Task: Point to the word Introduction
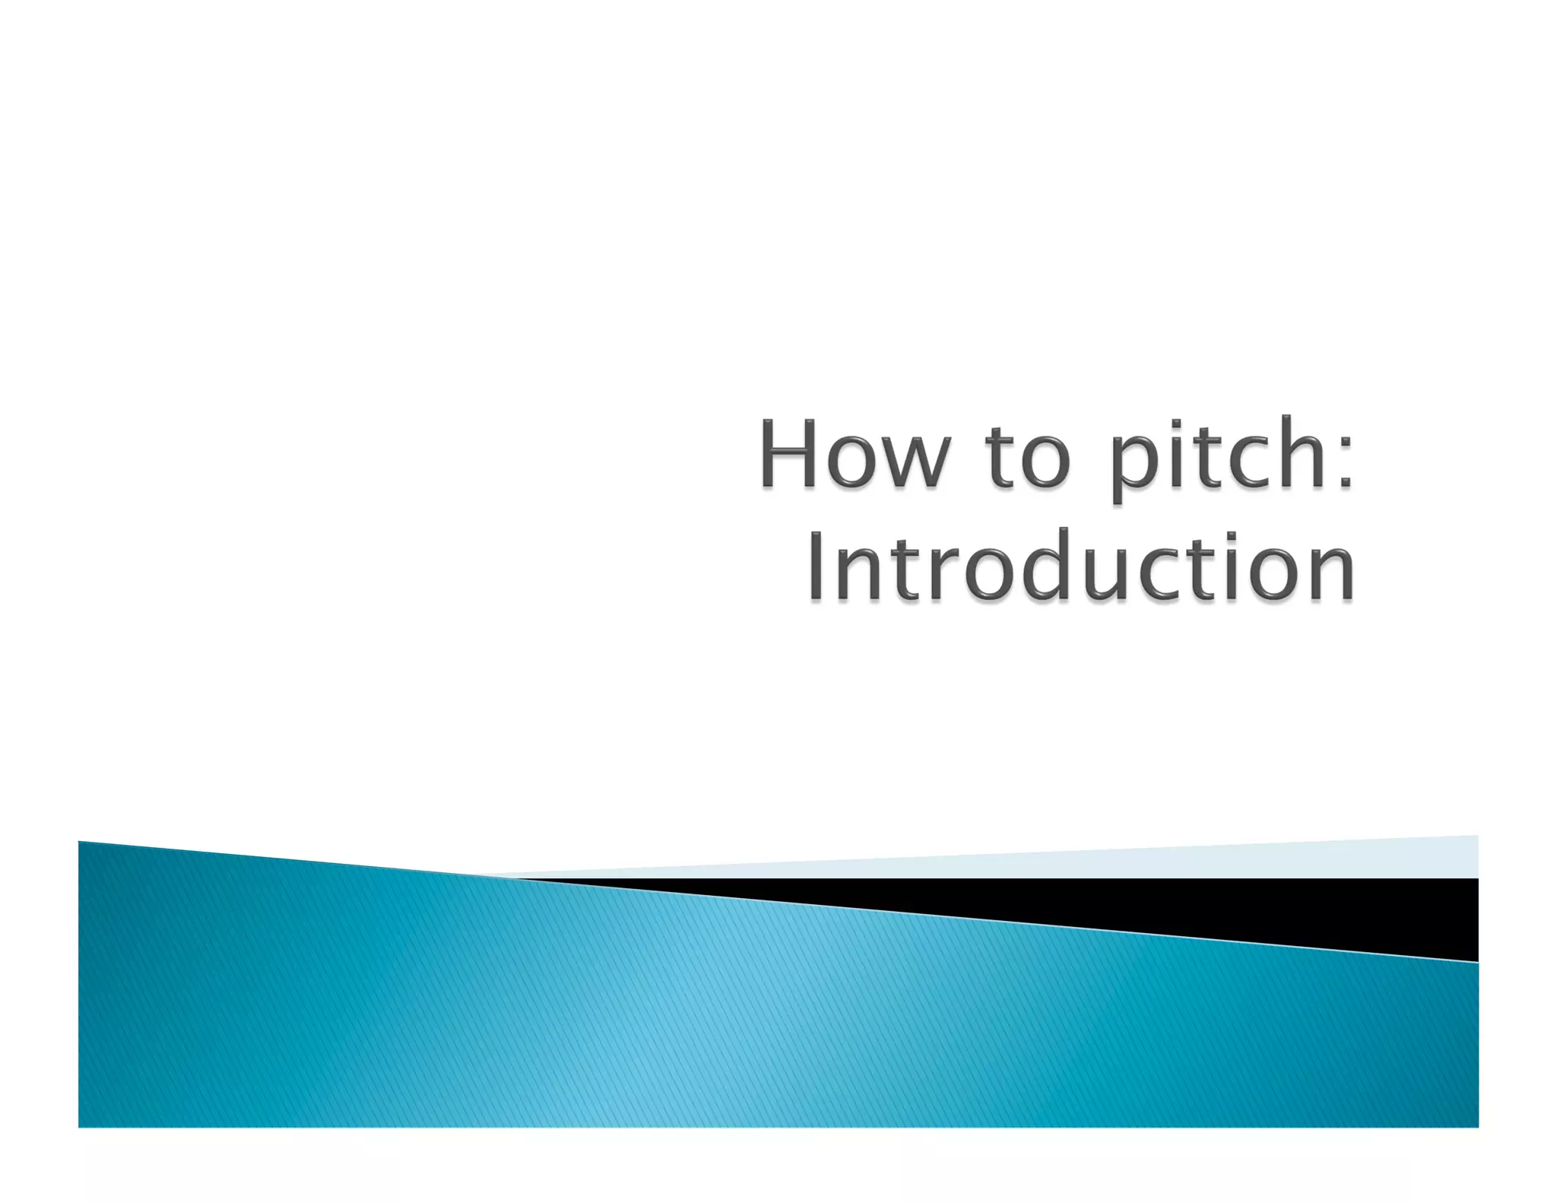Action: [1080, 567]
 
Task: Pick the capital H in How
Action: [788, 454]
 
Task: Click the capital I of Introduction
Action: [815, 567]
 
